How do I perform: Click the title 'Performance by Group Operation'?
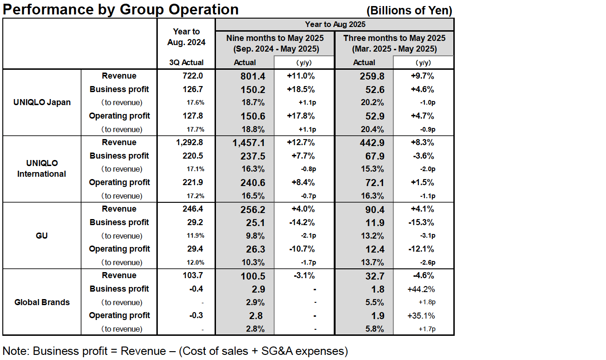coord(121,9)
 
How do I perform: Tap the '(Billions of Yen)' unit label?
coord(409,11)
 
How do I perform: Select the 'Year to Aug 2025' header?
coord(335,24)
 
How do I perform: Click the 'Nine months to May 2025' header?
coord(275,38)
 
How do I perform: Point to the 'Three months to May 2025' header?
coord(394,38)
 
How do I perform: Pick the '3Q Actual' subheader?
coord(186,62)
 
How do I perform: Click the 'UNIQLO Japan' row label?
coord(42,102)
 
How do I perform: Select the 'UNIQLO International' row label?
coord(42,168)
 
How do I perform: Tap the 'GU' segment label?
coord(42,236)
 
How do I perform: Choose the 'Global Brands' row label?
coord(42,302)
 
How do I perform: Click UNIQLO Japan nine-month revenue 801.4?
coord(253,76)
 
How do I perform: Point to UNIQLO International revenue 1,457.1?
coord(249,143)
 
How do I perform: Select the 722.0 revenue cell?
coord(193,76)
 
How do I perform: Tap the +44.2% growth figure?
coord(421,289)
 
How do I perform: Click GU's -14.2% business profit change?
coord(302,222)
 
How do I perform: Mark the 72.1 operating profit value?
coord(375,183)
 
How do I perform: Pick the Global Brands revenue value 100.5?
coord(253,276)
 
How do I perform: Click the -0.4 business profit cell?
coord(196,289)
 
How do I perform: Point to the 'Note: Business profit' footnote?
coord(175,351)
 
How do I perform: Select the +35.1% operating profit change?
coord(421,316)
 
